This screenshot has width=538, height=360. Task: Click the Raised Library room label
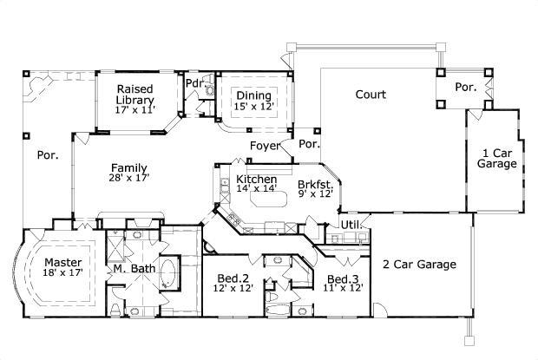(135, 95)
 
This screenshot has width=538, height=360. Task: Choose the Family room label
(128, 168)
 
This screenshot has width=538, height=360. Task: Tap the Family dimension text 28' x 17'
(128, 178)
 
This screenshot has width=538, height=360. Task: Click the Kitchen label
(257, 179)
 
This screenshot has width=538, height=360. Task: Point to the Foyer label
(266, 146)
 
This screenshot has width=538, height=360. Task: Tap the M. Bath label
(134, 269)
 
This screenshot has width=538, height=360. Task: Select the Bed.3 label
(344, 278)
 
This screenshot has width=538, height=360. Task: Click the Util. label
(350, 225)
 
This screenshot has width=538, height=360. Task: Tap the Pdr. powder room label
(194, 83)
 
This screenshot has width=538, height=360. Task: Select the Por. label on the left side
(46, 157)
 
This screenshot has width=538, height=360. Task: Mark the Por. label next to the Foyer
(310, 144)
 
